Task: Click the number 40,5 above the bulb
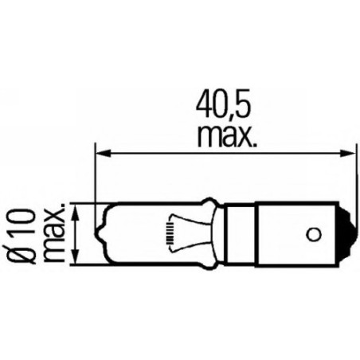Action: point(224,105)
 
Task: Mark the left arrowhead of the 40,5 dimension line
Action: point(101,151)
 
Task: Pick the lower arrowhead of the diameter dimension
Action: point(76,261)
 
